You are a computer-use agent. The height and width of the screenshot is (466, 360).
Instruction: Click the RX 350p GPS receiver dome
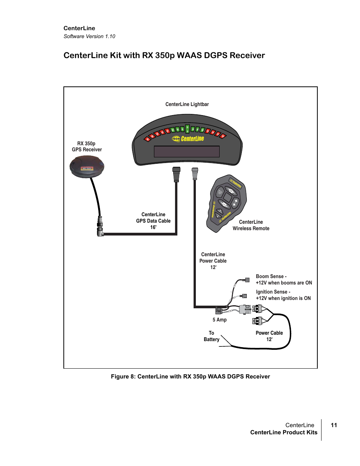tap(87, 166)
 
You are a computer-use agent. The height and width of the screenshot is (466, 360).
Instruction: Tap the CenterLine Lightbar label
tap(187, 104)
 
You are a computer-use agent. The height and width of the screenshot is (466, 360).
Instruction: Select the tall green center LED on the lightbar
tap(187, 129)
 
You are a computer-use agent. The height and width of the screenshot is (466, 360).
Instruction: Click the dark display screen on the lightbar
tap(187, 151)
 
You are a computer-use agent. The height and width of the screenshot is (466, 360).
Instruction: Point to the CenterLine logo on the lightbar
tap(188, 139)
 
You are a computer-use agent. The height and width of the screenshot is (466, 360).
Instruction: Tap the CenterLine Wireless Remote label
tap(251, 225)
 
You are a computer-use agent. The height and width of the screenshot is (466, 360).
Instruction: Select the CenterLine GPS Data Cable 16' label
tap(153, 221)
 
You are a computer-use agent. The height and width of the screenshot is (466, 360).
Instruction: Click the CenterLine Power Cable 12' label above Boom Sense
tap(213, 261)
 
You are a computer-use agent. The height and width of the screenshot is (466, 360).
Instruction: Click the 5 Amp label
tap(220, 320)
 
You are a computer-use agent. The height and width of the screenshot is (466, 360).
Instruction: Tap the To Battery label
tap(211, 336)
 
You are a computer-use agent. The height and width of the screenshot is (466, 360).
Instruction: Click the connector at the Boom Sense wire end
tap(247, 280)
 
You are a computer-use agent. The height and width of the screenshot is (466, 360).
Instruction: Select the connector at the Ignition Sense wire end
tap(245, 296)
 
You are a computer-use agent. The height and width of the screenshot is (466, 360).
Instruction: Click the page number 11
tap(334, 425)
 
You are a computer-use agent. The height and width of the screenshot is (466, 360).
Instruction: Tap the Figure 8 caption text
tap(190, 377)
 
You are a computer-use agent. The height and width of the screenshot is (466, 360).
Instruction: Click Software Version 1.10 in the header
tap(89, 36)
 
